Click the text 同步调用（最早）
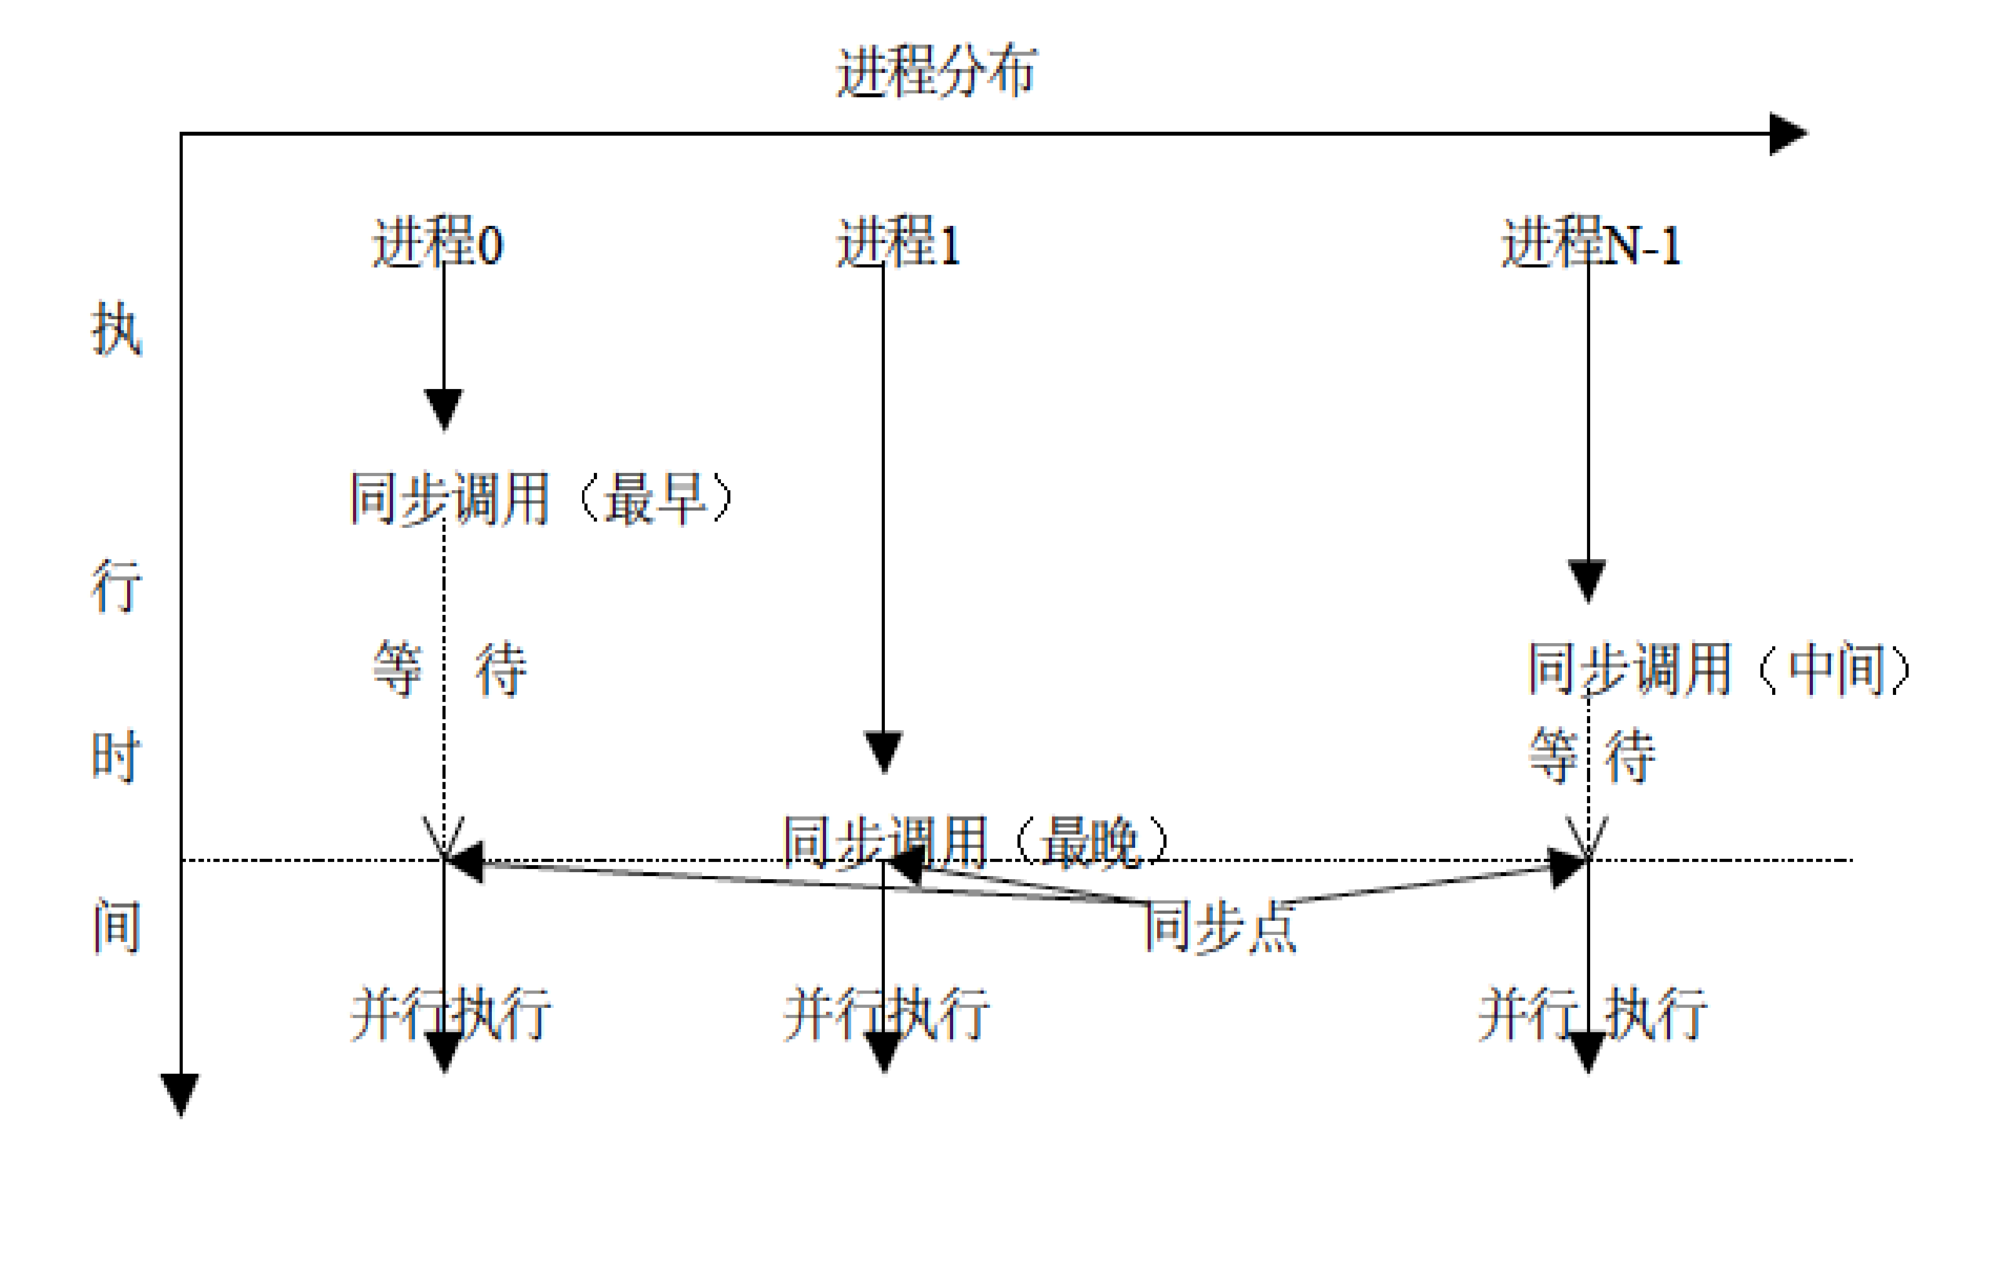tap(541, 499)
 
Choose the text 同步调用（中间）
tap(1717, 668)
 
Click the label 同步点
tap(1221, 926)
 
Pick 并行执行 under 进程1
tap(886, 1014)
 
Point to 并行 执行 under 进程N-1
tap(1592, 1014)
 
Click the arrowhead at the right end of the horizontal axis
tap(1787, 133)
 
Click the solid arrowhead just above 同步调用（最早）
tap(444, 409)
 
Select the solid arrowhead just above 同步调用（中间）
tap(1587, 580)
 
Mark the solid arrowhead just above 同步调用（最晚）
tap(883, 751)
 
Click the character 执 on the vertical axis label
tap(116, 329)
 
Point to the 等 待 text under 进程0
tap(449, 668)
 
